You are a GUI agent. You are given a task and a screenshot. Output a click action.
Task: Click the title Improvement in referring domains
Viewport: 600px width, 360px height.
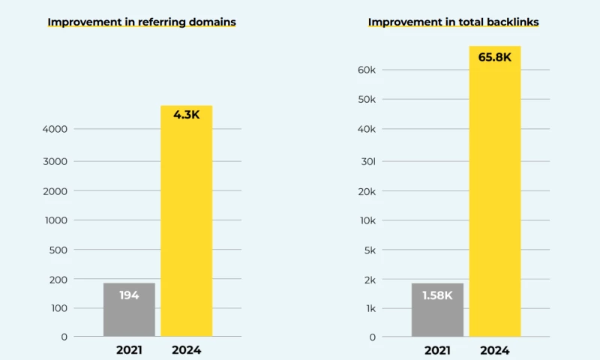coord(142,22)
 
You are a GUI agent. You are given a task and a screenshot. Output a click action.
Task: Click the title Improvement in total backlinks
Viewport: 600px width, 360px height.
coord(453,22)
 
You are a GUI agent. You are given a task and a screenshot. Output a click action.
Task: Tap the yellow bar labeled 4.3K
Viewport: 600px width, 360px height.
coord(187,225)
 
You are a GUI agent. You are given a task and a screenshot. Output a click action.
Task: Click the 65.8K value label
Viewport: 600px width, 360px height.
coord(495,57)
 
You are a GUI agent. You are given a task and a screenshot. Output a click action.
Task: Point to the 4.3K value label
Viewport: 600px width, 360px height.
coord(187,115)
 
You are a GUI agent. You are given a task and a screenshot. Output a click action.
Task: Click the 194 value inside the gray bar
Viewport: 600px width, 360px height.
coord(129,295)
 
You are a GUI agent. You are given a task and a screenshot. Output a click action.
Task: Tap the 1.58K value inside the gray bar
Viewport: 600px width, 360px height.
coord(437,295)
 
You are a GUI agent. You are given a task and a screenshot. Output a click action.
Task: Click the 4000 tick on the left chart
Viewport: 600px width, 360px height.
coord(55,129)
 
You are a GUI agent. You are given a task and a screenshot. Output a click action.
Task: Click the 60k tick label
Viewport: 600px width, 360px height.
coord(367,70)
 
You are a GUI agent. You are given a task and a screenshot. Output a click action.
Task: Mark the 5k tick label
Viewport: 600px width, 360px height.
coord(369,250)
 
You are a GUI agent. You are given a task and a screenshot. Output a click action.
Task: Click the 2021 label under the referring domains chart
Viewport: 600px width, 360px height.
coord(130,349)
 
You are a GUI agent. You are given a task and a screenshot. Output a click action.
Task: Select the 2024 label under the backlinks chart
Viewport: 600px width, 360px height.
coord(495,349)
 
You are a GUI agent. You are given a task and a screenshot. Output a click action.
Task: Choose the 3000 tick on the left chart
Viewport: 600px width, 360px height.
coord(55,161)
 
